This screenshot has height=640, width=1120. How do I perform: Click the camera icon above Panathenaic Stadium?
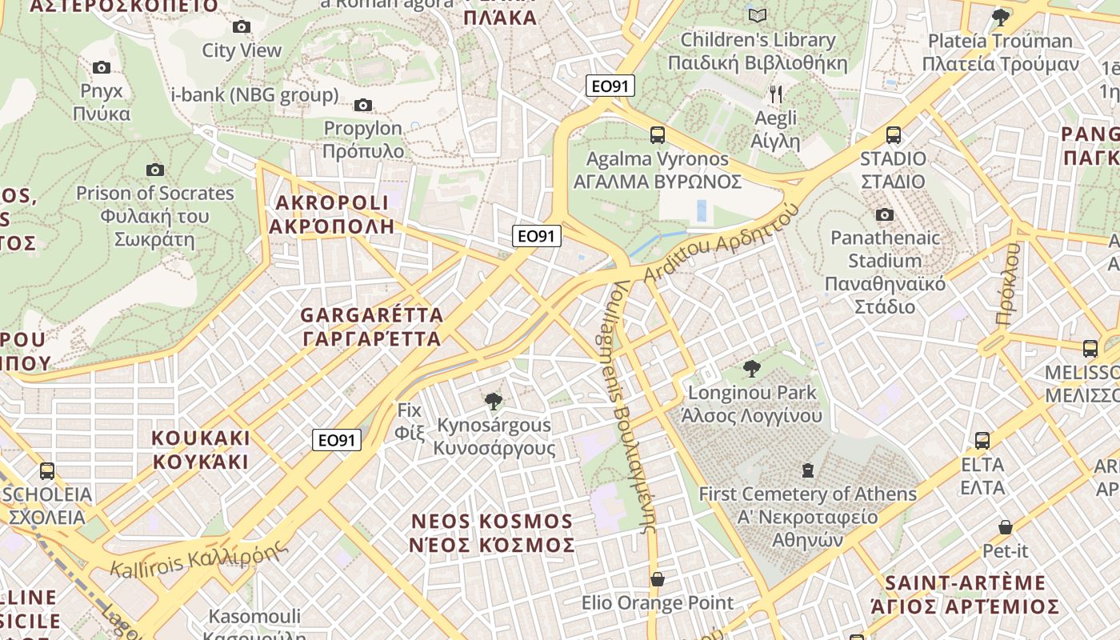pos(884,214)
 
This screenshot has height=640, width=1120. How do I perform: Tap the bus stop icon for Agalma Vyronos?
pos(657,135)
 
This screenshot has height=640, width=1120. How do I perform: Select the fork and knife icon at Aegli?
pos(775,94)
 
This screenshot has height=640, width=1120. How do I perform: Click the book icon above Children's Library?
pos(757,15)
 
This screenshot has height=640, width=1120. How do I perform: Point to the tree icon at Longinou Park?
pos(751,369)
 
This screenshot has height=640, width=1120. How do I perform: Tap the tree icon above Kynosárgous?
pos(494,401)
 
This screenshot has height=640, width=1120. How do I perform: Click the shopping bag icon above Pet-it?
pos(1005,527)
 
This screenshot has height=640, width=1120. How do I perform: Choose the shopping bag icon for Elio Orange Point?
pos(657,579)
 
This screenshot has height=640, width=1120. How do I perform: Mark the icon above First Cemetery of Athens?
pos(808,470)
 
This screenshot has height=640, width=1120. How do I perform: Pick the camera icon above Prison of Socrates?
pos(155,170)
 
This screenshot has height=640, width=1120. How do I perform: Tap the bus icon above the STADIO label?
pos(893,135)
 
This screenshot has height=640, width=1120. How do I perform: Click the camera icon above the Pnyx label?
pos(102,67)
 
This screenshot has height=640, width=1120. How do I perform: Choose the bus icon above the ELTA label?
pos(982,440)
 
